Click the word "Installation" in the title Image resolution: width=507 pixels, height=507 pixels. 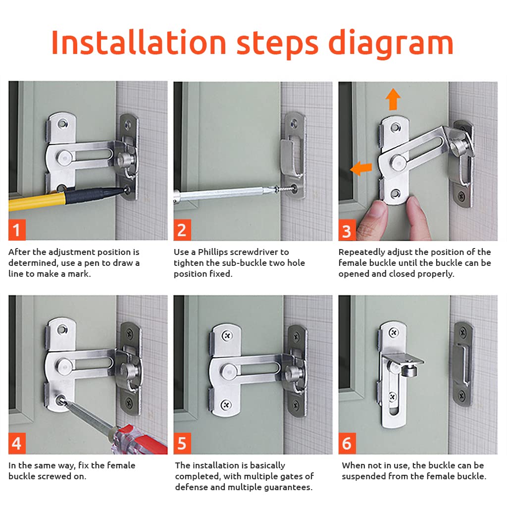[x=139, y=43]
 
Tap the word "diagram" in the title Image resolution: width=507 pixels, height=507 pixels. [x=391, y=44]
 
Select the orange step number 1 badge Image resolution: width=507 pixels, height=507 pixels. [x=17, y=230]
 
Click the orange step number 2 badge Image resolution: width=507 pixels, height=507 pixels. [x=182, y=230]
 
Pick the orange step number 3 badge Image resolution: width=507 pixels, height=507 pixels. [x=347, y=230]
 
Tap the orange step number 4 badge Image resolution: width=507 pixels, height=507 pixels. [x=17, y=443]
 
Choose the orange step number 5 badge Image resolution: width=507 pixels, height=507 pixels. [x=182, y=443]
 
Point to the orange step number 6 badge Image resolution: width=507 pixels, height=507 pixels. [x=347, y=443]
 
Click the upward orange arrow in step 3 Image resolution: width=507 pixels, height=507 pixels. [x=393, y=99]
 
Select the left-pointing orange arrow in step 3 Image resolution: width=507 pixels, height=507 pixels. [x=361, y=168]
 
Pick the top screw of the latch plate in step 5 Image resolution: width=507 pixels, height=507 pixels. [x=227, y=336]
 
